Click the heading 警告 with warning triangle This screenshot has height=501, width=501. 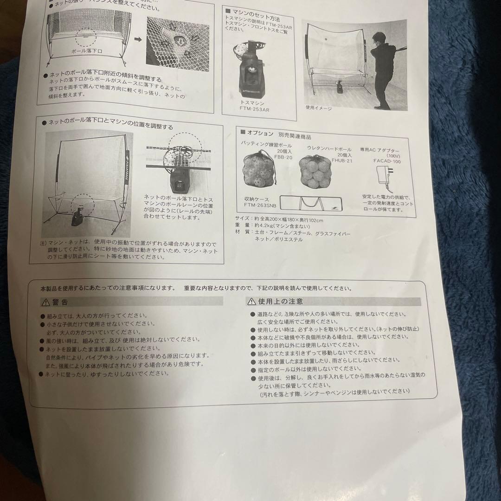click(x=55, y=302)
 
